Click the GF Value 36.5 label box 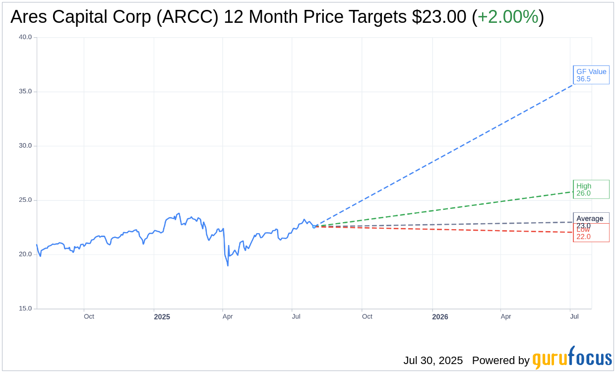[591, 75]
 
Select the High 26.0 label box [591, 189]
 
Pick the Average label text [590, 218]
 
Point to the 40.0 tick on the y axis [25, 37]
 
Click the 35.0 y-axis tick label [25, 91]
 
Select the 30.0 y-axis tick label [25, 146]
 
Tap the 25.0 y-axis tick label [25, 200]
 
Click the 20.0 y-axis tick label [25, 254]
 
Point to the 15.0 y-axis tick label [25, 309]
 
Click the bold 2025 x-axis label [162, 317]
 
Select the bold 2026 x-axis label [440, 317]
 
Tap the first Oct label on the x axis [89, 316]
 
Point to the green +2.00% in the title [508, 17]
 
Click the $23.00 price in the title [439, 17]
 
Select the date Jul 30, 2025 [433, 361]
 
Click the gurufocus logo [572, 358]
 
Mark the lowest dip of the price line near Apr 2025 [228, 265]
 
